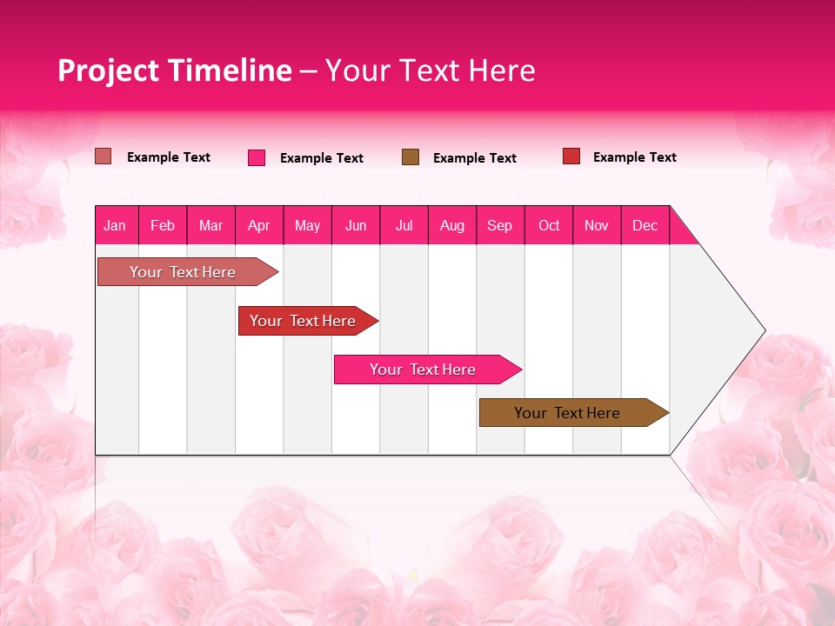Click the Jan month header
[116, 226]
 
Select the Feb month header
[163, 226]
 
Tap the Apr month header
[259, 226]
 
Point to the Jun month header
[356, 226]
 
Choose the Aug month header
[452, 226]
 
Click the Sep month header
[500, 226]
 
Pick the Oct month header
[549, 226]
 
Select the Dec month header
[645, 226]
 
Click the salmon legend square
[104, 156]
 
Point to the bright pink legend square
[257, 157]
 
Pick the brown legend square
[411, 156]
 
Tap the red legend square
[571, 156]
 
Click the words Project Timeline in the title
[175, 70]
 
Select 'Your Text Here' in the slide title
[431, 70]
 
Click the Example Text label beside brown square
[475, 158]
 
